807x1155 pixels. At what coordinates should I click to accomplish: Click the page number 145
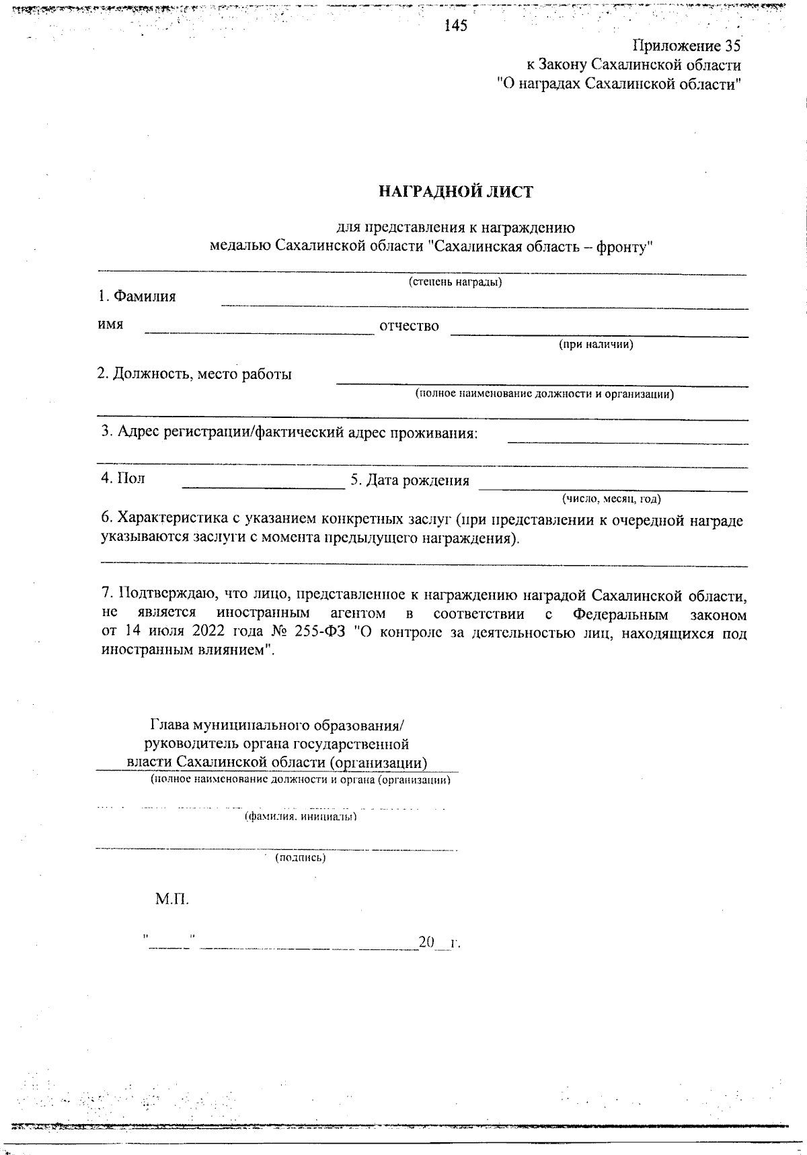pos(456,26)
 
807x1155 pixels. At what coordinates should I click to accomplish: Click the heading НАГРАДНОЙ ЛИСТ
pos(455,192)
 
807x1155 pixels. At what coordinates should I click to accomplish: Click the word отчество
pos(409,327)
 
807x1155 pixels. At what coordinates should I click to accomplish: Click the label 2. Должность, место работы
pos(195,374)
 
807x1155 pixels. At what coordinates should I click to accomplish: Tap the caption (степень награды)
pos(455,282)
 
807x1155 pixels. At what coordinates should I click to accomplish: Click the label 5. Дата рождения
pos(410,480)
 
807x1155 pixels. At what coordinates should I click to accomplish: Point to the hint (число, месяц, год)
pos(611,499)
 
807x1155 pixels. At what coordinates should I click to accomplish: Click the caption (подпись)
pos(301,857)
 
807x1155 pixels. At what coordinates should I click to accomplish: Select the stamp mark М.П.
pos(172,899)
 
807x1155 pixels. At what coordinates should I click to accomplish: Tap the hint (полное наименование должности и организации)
pos(544,394)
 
